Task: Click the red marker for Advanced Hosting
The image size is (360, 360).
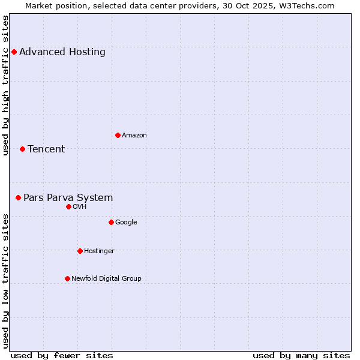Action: [14, 52]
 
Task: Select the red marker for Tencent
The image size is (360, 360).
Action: [22, 149]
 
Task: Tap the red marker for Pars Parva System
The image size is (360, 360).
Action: [18, 197]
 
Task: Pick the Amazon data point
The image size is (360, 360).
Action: [118, 135]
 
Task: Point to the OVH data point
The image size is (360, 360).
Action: [68, 206]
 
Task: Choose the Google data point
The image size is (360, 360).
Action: [111, 222]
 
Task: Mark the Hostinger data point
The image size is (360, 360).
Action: [80, 251]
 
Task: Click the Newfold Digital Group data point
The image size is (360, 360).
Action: [67, 278]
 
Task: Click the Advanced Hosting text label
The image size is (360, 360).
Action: [62, 52]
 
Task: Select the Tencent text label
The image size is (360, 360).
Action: [46, 149]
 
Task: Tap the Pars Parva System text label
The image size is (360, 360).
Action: [68, 197]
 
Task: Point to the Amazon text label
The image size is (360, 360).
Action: [134, 135]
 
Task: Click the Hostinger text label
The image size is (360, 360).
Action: [99, 251]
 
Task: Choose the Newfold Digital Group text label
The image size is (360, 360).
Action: [106, 278]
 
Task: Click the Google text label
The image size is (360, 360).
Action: [126, 222]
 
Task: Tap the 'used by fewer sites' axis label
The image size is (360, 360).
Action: [62, 355]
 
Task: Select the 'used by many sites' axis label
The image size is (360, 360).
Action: [301, 355]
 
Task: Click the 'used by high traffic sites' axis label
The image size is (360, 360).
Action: [5, 85]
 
